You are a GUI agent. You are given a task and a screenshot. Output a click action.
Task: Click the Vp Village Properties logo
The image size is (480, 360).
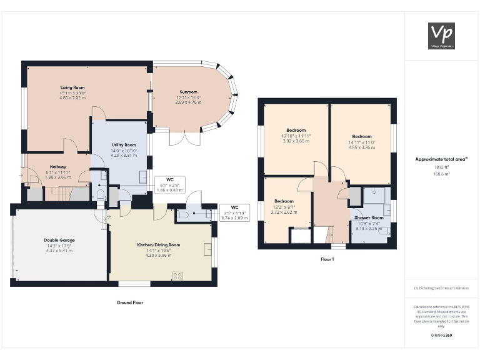coord(441,35)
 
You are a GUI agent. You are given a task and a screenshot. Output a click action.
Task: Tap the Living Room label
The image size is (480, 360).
coord(72,87)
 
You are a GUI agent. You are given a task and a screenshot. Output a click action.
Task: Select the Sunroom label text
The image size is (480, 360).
coord(188,92)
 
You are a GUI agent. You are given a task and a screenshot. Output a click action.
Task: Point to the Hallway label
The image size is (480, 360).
coord(58,167)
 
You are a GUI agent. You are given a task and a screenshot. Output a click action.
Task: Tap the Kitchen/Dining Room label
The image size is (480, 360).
coord(158,245)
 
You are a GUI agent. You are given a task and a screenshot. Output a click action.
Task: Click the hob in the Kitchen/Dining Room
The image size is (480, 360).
coord(177,275)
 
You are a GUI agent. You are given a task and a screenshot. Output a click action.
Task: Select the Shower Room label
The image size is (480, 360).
coord(368,217)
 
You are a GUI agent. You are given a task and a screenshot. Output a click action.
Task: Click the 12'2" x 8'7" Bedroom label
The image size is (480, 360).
coord(284,206)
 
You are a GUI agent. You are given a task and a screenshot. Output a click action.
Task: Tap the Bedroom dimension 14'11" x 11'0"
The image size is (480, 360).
coord(362,142)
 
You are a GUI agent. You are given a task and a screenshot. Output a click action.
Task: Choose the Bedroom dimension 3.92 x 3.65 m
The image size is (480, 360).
coord(296,141)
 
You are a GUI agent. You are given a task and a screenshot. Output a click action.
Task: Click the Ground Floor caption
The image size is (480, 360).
coord(130,302)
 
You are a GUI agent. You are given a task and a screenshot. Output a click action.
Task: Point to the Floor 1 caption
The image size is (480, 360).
coord(327,259)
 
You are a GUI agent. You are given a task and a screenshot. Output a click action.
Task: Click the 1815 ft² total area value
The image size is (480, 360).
coord(441,167)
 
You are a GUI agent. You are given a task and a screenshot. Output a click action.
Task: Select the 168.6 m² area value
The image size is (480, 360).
coord(441,175)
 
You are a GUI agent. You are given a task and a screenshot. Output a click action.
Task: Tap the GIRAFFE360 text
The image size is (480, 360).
coord(441,336)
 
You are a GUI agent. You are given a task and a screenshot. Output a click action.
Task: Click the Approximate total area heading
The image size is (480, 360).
coord(441,159)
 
